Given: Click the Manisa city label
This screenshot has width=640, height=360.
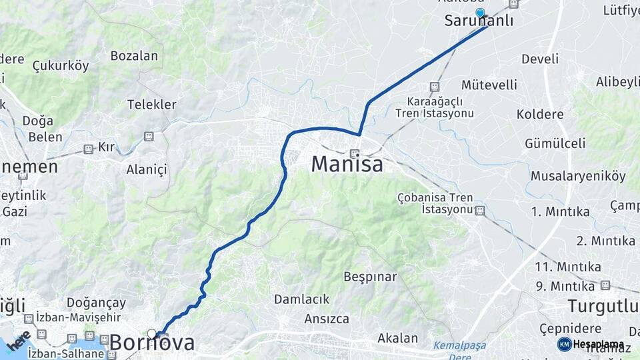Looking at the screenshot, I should click(x=347, y=164).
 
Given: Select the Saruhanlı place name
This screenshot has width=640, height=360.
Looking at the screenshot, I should click(x=479, y=21).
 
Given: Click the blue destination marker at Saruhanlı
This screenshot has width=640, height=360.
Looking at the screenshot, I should click(x=480, y=12).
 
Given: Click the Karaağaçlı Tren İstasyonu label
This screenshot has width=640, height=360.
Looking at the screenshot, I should click(x=435, y=107).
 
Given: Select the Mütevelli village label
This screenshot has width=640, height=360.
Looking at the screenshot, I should click(x=489, y=85).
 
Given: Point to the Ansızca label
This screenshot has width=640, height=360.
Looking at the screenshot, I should click(x=327, y=319).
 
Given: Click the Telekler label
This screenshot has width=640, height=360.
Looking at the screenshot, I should click(x=152, y=105).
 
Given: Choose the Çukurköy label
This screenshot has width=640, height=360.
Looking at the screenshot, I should click(x=61, y=65).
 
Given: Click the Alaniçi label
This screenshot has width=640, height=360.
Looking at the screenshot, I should click(x=147, y=169).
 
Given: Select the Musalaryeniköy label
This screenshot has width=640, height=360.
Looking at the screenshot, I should click(x=578, y=176).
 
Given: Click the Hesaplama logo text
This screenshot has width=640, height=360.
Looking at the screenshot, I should click(x=597, y=344).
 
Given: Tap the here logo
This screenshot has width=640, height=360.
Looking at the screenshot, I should click(x=19, y=341).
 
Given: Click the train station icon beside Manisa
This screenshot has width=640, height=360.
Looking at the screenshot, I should click(x=355, y=153).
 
